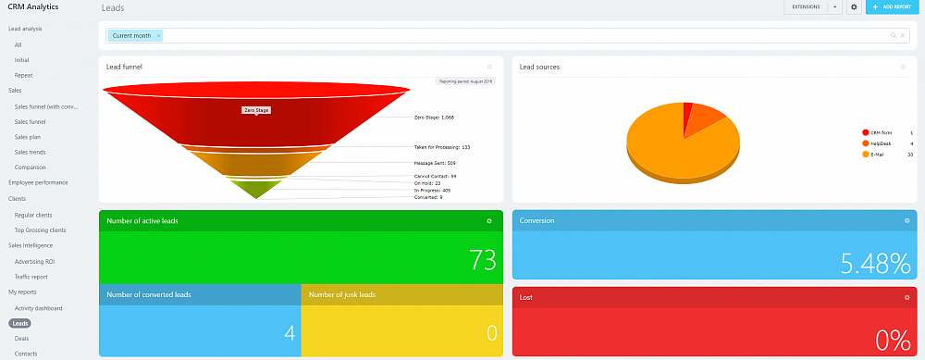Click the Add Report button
coord(892,7)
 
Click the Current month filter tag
coord(130,36)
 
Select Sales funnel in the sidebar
coord(31,121)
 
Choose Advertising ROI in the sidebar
coord(34,262)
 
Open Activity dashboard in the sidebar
coord(38,307)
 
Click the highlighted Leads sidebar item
coord(20,324)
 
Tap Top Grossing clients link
coord(40,230)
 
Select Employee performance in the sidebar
coord(38,182)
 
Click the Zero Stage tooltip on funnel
coord(256,110)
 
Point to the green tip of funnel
coord(256,189)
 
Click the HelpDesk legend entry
coord(880,143)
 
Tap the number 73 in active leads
coord(483,261)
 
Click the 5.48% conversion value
coord(875,264)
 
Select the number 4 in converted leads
coord(290,333)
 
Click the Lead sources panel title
coord(539,67)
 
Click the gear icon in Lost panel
coord(906,297)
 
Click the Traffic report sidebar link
coord(31,277)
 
